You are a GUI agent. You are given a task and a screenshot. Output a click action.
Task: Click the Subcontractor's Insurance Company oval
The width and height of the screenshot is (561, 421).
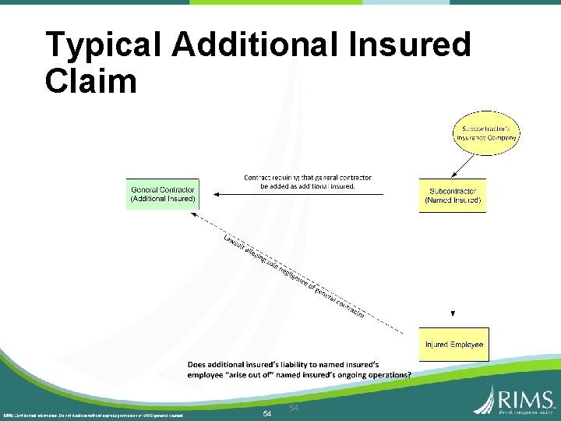pyautogui.click(x=486, y=133)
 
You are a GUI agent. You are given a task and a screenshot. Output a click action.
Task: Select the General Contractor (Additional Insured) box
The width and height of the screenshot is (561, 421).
pyautogui.click(x=162, y=194)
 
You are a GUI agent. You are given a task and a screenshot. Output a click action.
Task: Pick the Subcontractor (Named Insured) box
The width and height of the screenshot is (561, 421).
pyautogui.click(x=452, y=195)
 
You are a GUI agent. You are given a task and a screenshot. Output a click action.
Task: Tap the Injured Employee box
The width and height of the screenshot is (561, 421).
pyautogui.click(x=453, y=345)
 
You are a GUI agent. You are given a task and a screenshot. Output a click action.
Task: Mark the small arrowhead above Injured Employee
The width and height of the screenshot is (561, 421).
pyautogui.click(x=453, y=313)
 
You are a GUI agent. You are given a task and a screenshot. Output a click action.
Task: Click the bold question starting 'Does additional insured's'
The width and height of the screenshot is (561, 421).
pyautogui.click(x=299, y=369)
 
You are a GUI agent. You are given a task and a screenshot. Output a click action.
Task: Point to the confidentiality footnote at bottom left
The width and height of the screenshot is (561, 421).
pyautogui.click(x=93, y=415)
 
